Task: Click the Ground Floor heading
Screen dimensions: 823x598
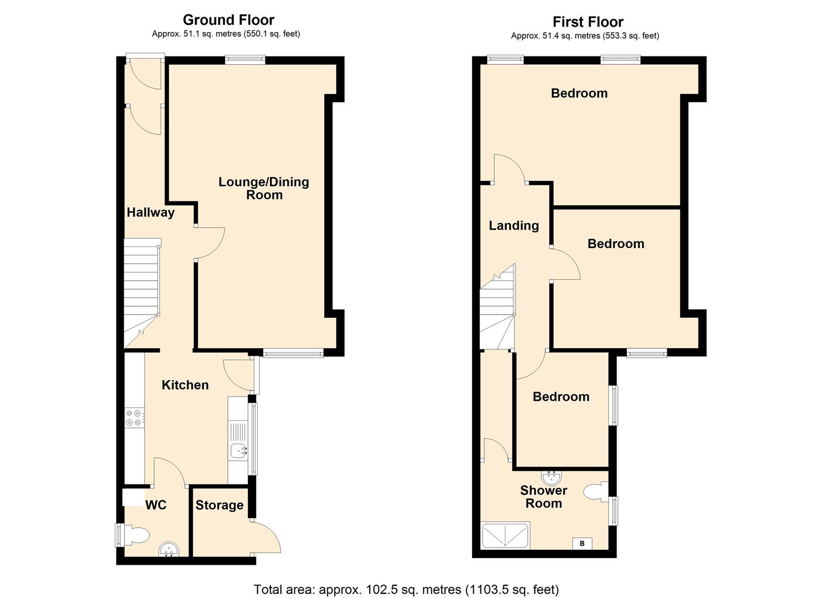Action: click(x=228, y=20)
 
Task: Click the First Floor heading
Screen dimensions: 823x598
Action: click(x=588, y=22)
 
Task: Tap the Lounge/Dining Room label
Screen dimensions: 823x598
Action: click(x=264, y=188)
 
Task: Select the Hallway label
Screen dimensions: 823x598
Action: click(x=151, y=213)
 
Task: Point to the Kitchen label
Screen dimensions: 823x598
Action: click(x=185, y=385)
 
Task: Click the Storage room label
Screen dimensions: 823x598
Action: click(x=219, y=506)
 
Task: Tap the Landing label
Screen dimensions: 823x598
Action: click(x=514, y=226)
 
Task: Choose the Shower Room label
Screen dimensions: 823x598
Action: click(x=544, y=497)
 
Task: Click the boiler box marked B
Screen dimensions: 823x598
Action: click(x=582, y=543)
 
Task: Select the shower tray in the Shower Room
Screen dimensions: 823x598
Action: click(x=505, y=535)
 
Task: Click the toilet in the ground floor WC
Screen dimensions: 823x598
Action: click(x=136, y=535)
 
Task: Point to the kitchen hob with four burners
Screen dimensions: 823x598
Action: click(x=135, y=417)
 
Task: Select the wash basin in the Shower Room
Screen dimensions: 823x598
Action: click(x=551, y=477)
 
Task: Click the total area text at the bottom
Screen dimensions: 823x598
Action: click(x=406, y=590)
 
